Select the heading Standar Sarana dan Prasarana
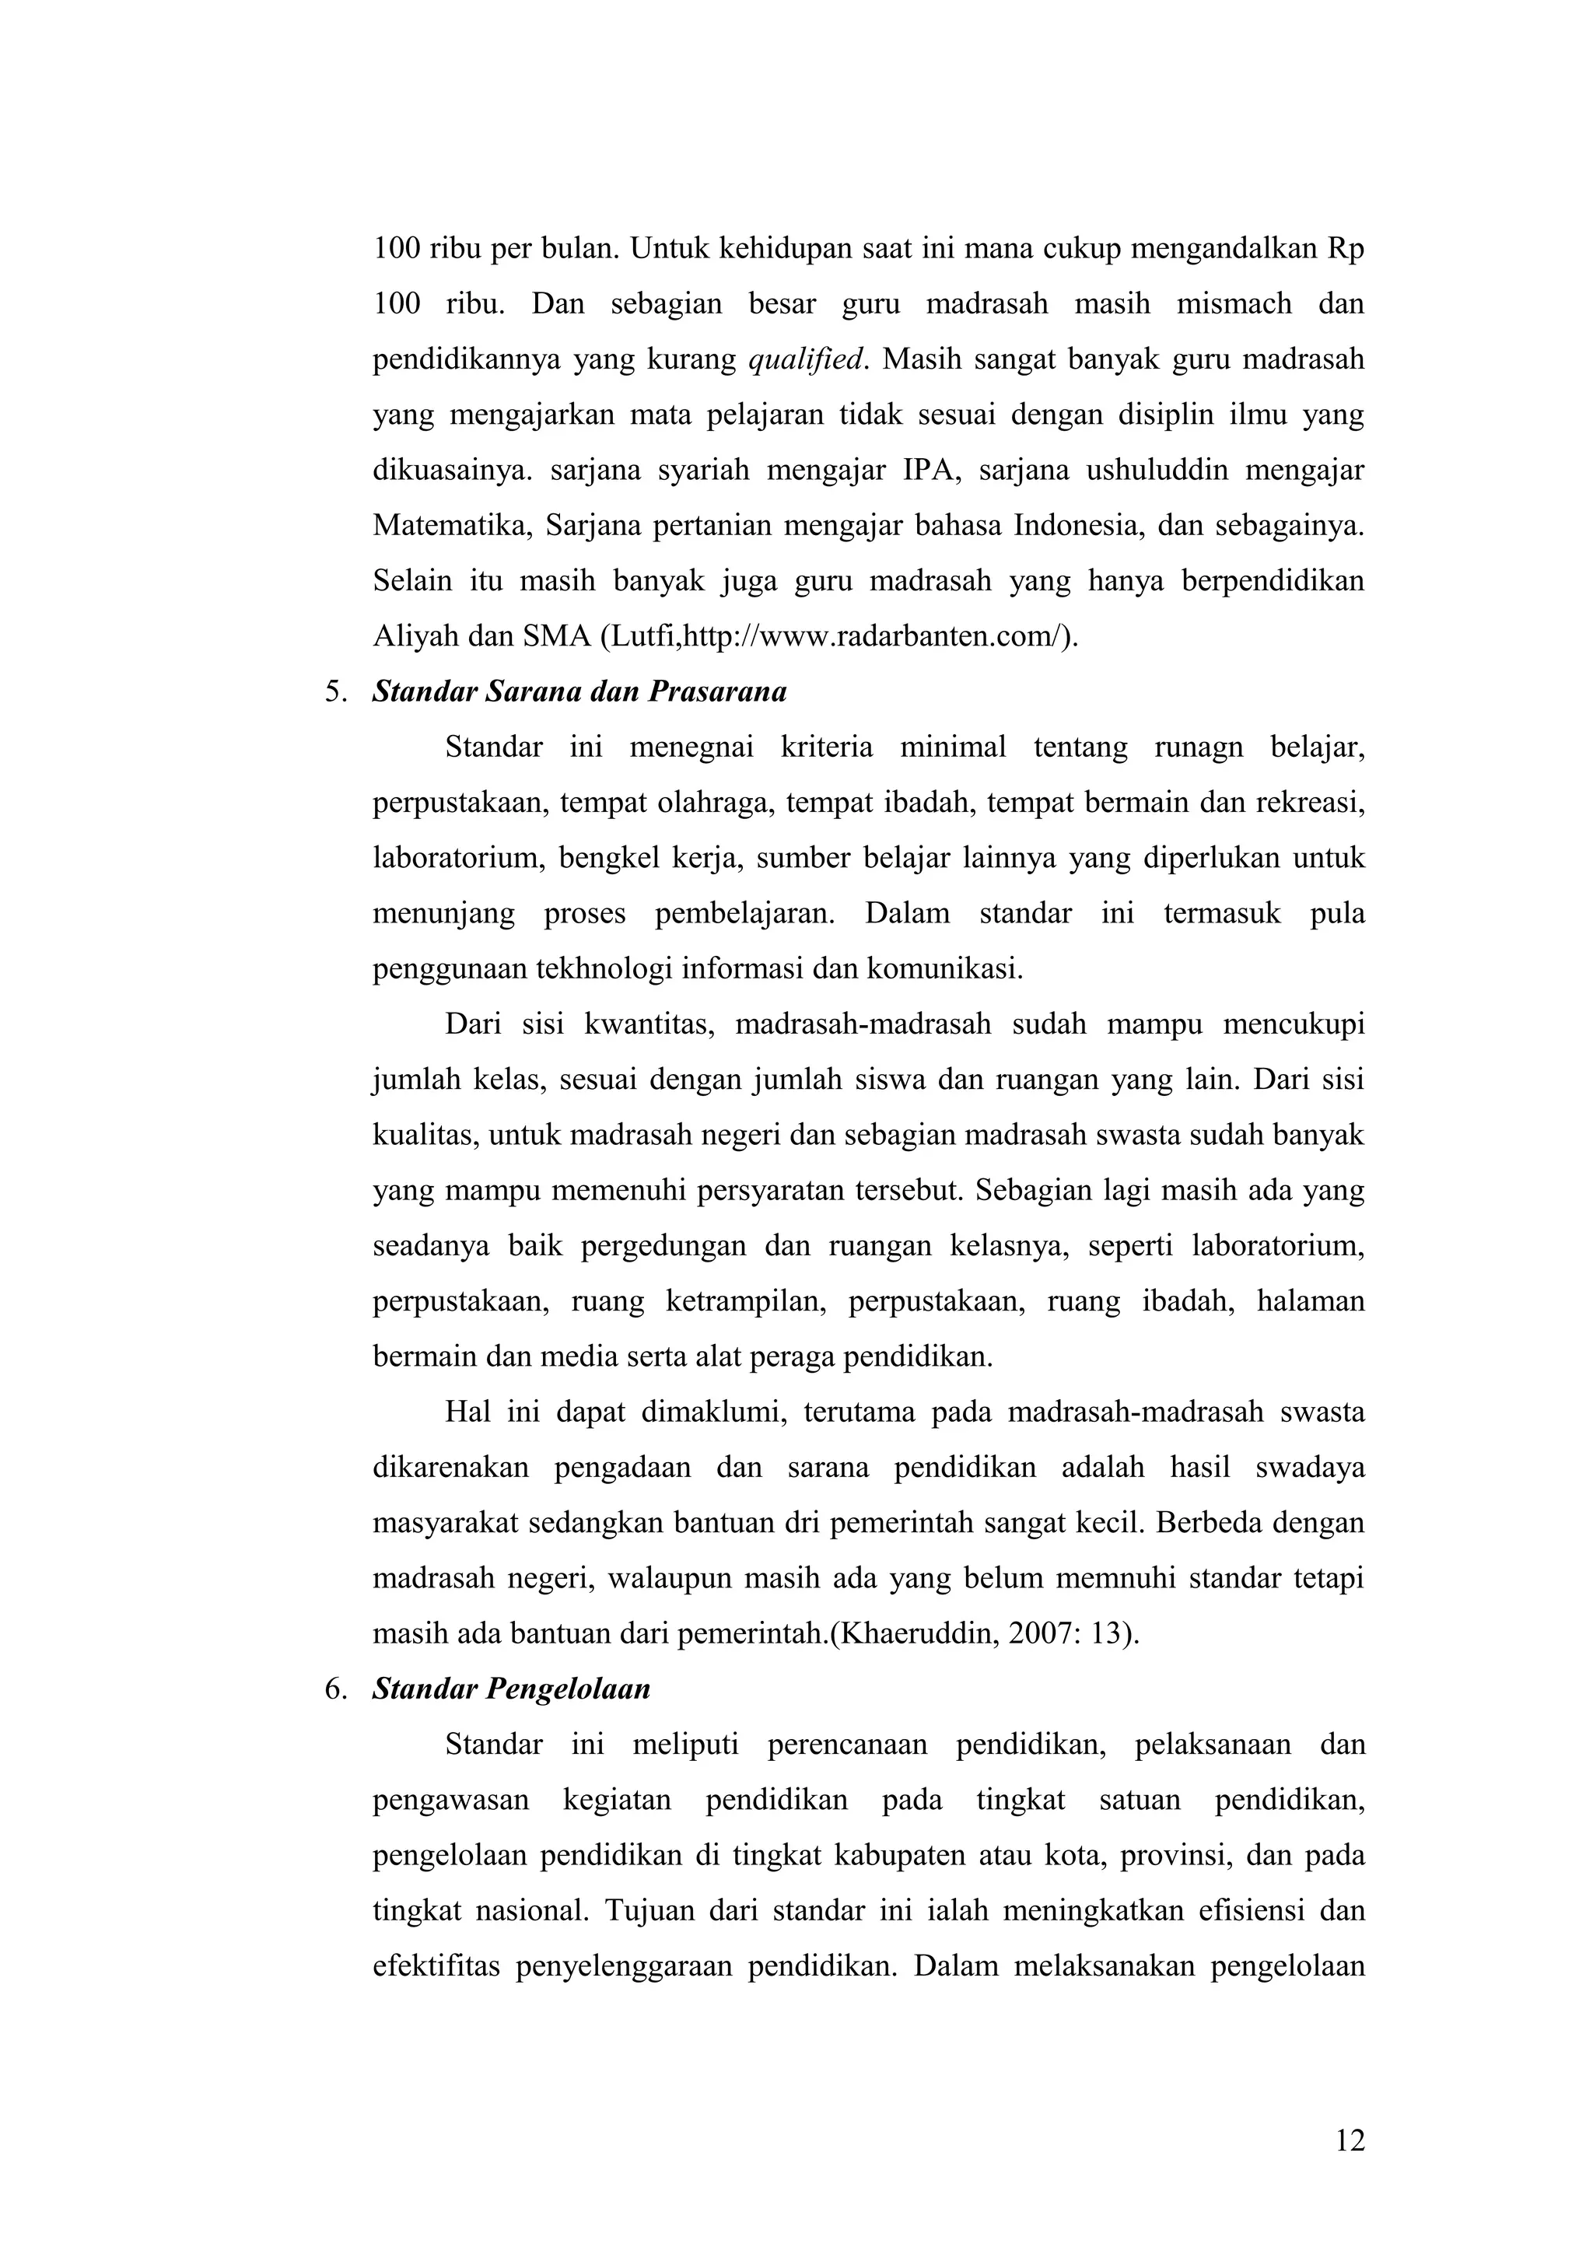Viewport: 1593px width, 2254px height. [x=579, y=692]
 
